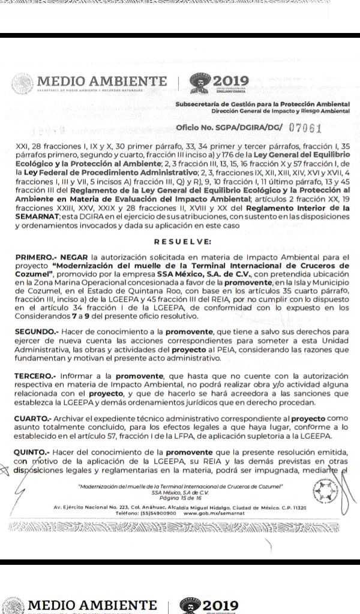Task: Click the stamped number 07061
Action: (x=306, y=128)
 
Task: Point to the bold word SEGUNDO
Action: (x=35, y=331)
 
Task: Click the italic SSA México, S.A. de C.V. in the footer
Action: (x=181, y=493)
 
